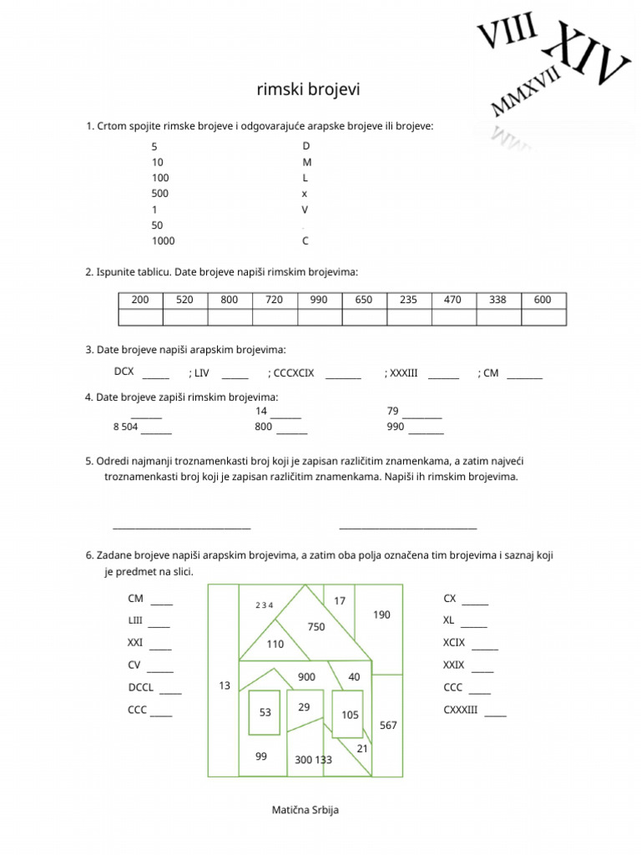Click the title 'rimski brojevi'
click(x=308, y=89)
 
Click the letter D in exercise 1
click(x=305, y=146)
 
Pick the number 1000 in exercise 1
click(x=164, y=241)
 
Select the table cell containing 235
click(x=408, y=300)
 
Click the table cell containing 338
click(x=497, y=300)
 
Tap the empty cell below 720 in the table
click(x=274, y=316)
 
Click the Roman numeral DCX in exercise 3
click(x=124, y=372)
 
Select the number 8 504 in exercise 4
click(x=125, y=427)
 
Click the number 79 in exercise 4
click(x=393, y=411)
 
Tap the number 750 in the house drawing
click(x=315, y=627)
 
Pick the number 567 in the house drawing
click(x=388, y=726)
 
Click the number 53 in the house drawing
click(x=265, y=712)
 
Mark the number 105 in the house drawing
click(x=350, y=715)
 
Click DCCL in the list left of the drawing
click(x=140, y=688)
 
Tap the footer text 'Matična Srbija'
click(x=305, y=810)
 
